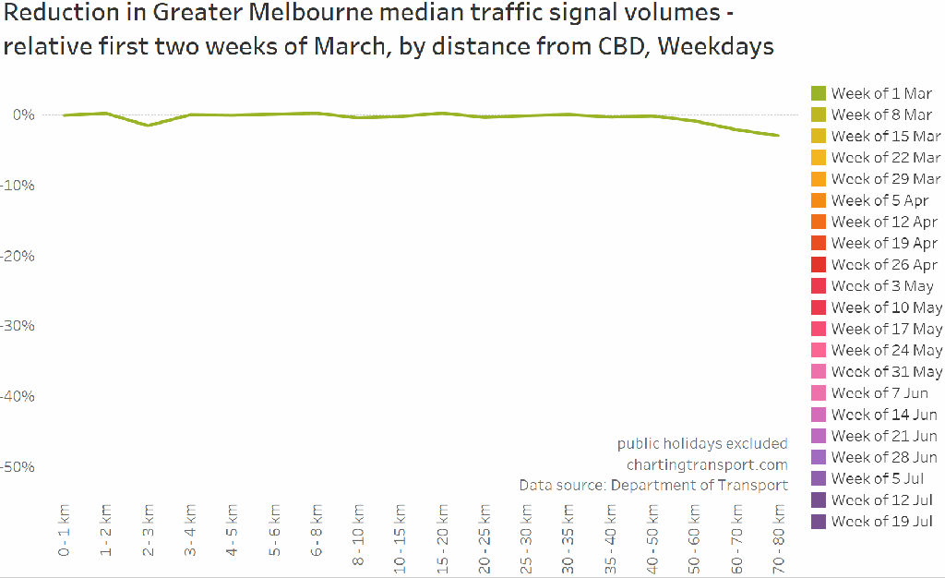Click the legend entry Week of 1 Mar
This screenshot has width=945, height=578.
coord(880,93)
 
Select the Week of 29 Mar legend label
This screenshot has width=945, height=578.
coord(885,179)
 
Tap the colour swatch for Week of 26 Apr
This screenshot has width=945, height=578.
coord(818,264)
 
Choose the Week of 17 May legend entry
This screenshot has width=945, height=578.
coord(886,329)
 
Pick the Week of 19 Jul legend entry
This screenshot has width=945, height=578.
coord(881,522)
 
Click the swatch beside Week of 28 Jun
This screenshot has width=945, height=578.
coord(818,457)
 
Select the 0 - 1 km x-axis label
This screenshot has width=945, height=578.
coord(64,530)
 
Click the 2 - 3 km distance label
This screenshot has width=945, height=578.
coord(148,530)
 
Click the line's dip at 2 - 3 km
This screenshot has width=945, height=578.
coord(148,125)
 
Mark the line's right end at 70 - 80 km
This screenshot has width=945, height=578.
coord(778,136)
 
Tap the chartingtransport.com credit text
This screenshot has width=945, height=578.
coord(707,464)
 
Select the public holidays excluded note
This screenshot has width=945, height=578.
coord(702,443)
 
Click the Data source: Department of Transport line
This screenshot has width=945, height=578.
coord(652,485)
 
